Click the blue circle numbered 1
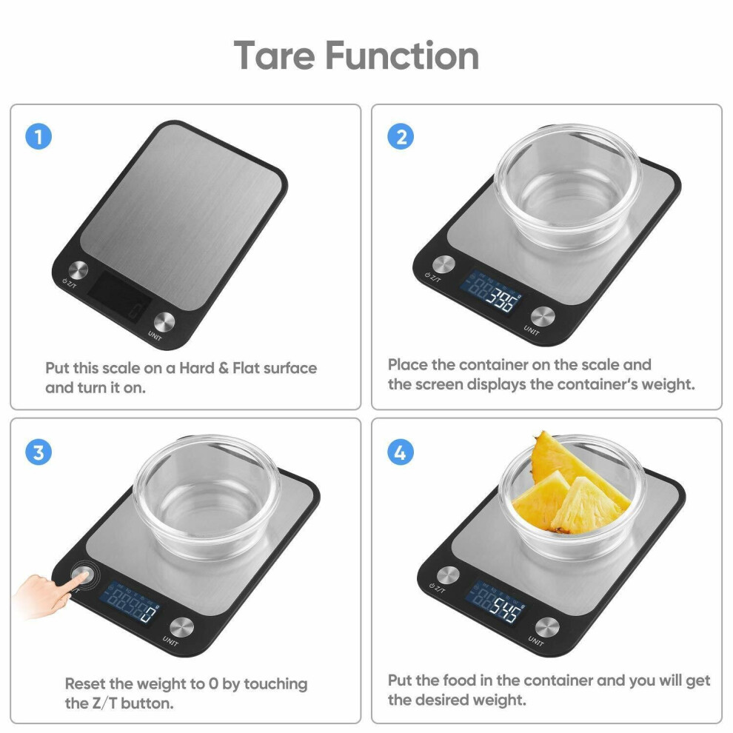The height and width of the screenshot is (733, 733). (x=39, y=136)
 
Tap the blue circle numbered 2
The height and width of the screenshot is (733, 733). (x=401, y=136)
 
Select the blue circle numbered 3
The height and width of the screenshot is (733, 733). (x=39, y=452)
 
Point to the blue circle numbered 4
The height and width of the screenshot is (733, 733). (x=401, y=452)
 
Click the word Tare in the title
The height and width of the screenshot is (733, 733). (x=275, y=56)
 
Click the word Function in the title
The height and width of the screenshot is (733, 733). (x=402, y=56)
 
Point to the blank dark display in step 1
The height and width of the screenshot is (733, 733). (x=119, y=296)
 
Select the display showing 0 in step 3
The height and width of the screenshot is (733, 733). (x=130, y=602)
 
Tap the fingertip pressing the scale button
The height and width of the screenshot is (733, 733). (x=82, y=576)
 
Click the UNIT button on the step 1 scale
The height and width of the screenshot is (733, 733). (x=164, y=321)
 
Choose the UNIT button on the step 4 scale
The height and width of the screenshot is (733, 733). (x=547, y=627)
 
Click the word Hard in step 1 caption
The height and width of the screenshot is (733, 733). (x=197, y=368)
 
